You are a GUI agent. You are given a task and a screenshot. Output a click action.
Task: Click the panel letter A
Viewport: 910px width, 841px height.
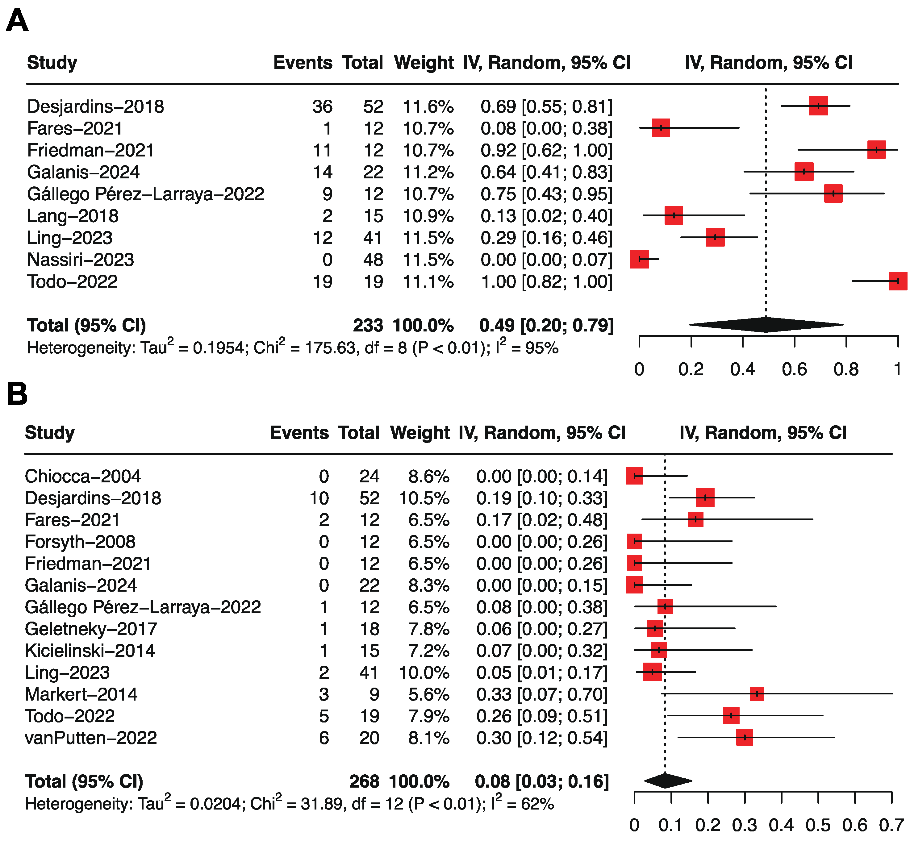[17, 21]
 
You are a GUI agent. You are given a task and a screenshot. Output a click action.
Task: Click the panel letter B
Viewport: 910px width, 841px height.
[17, 394]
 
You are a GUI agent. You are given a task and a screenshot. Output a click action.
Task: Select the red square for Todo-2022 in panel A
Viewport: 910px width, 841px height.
[897, 281]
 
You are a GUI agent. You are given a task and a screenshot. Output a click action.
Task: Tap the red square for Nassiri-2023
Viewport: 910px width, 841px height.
[639, 259]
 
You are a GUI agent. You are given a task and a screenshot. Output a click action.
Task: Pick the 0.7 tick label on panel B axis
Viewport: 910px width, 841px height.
[891, 825]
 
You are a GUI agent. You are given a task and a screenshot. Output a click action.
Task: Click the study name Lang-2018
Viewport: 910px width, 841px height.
[73, 216]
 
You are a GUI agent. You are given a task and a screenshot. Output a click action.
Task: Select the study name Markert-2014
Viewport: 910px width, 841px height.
[81, 694]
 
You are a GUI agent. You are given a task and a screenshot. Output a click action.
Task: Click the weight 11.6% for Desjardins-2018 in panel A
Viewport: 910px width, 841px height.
[428, 106]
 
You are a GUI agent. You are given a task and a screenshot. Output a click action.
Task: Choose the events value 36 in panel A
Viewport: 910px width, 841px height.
[322, 106]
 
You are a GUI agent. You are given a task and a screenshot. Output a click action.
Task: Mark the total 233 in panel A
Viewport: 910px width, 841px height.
[368, 325]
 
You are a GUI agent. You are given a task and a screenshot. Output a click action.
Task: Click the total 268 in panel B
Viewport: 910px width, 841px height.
[364, 781]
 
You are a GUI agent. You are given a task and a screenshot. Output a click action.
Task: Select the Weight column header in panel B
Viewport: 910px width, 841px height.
[420, 433]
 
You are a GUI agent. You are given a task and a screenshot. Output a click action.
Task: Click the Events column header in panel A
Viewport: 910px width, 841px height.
[303, 63]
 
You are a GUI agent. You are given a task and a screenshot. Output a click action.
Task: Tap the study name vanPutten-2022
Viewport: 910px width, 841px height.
[90, 738]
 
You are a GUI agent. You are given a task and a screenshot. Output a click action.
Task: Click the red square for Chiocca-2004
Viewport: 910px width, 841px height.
[634, 476]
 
